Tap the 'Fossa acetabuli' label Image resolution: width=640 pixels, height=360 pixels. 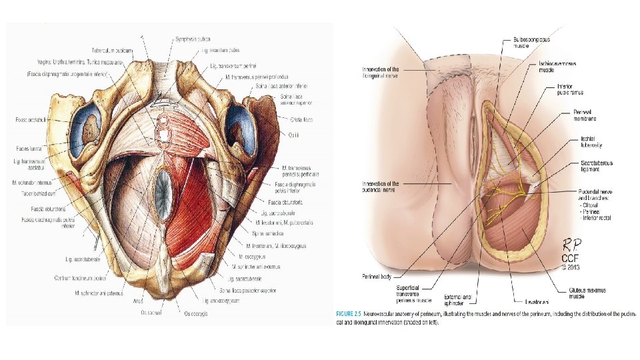click(x=31, y=120)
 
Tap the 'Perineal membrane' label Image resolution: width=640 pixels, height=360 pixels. click(x=585, y=116)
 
